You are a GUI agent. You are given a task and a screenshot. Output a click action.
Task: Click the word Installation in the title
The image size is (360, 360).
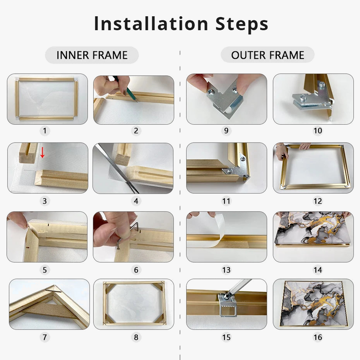(x=151, y=23)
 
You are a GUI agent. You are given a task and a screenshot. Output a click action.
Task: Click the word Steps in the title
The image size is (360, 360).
(x=242, y=24)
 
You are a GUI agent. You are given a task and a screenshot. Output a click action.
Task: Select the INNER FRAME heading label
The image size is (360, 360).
(x=92, y=55)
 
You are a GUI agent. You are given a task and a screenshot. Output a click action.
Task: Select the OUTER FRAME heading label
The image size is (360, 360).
(x=267, y=55)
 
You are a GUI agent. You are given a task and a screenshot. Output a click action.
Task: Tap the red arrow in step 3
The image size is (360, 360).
(x=42, y=153)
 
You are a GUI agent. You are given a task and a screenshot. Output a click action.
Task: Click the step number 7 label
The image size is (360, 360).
(x=45, y=337)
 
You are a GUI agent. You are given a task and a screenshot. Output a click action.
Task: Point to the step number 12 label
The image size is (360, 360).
(x=318, y=201)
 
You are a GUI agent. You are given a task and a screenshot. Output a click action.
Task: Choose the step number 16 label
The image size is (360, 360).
(x=318, y=337)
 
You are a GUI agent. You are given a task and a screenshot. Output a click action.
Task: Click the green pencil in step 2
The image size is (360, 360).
(x=125, y=89)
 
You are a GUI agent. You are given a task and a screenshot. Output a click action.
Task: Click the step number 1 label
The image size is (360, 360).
(x=45, y=131)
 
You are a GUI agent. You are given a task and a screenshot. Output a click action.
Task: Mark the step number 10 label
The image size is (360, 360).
(x=318, y=131)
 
